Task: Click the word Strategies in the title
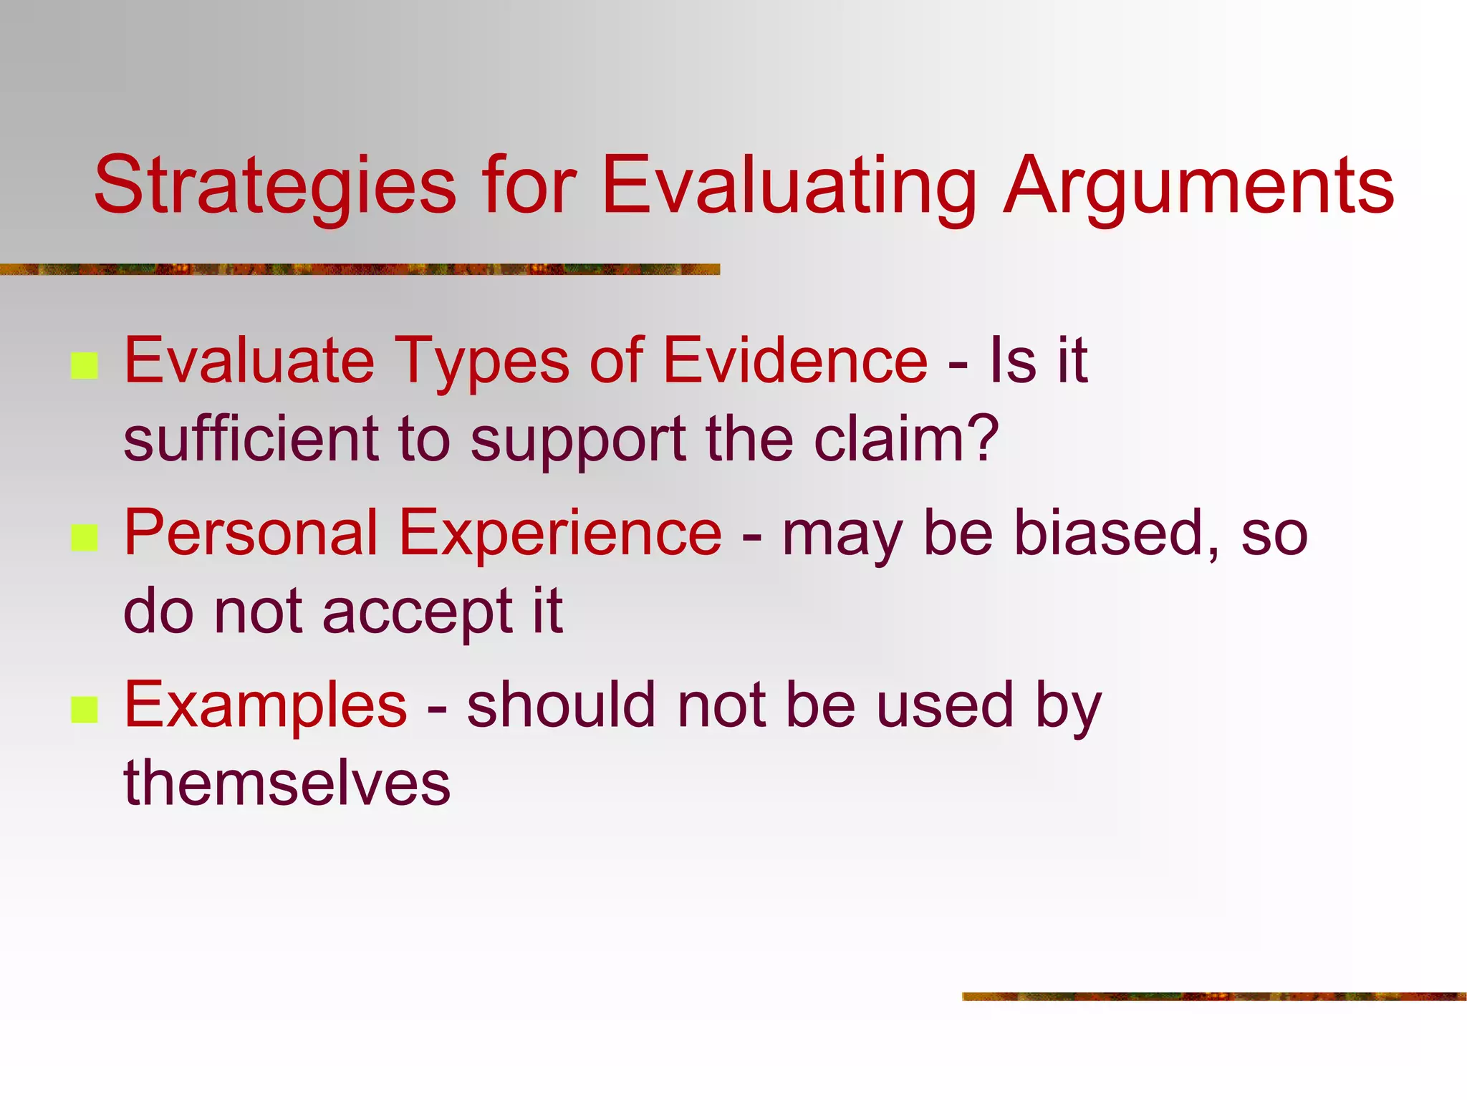click(275, 186)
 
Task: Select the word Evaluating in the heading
click(788, 186)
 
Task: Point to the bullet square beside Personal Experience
click(85, 538)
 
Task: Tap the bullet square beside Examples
click(85, 710)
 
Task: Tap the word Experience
click(560, 533)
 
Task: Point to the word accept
click(418, 613)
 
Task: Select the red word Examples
click(266, 705)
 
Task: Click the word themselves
click(287, 783)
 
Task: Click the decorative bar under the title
click(358, 269)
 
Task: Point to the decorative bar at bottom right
click(1213, 996)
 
